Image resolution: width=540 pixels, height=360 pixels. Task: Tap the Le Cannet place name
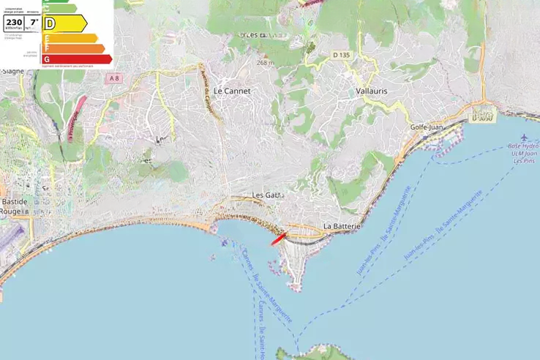tap(232, 91)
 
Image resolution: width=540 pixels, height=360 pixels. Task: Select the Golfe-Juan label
tap(428, 127)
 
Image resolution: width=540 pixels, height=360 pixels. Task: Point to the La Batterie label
tap(342, 227)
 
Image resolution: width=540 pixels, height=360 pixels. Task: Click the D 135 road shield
tap(341, 55)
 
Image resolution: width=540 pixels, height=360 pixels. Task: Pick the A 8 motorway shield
tap(113, 78)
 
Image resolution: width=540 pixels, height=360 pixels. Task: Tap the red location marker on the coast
tap(279, 239)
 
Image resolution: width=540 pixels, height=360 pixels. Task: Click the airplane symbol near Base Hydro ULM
tap(524, 138)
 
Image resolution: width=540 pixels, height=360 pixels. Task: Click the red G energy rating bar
tap(78, 59)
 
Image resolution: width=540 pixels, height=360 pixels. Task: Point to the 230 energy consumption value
tap(14, 23)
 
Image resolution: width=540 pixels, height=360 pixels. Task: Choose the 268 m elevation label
tap(264, 62)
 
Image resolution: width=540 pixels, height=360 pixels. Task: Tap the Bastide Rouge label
tap(13, 206)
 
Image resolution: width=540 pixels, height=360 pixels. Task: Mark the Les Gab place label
tap(266, 195)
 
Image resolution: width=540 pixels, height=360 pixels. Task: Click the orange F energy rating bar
tap(74, 48)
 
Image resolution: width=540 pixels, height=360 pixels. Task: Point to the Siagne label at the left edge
tap(12, 71)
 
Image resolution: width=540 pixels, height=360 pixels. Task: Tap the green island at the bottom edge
tap(322, 353)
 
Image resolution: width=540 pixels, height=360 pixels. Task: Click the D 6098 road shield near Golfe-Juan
tap(481, 115)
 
